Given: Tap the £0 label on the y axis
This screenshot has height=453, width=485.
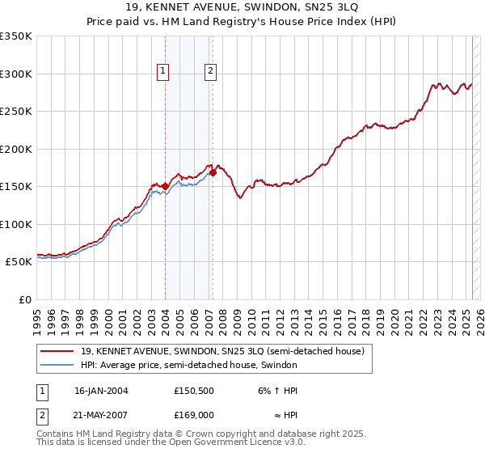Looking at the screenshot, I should tap(24, 299).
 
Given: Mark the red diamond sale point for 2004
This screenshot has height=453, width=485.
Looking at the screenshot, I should tap(165, 186).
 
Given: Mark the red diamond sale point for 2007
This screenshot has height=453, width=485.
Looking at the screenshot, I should tap(213, 172).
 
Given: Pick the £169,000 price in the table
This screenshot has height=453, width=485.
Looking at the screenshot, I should tap(195, 414).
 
